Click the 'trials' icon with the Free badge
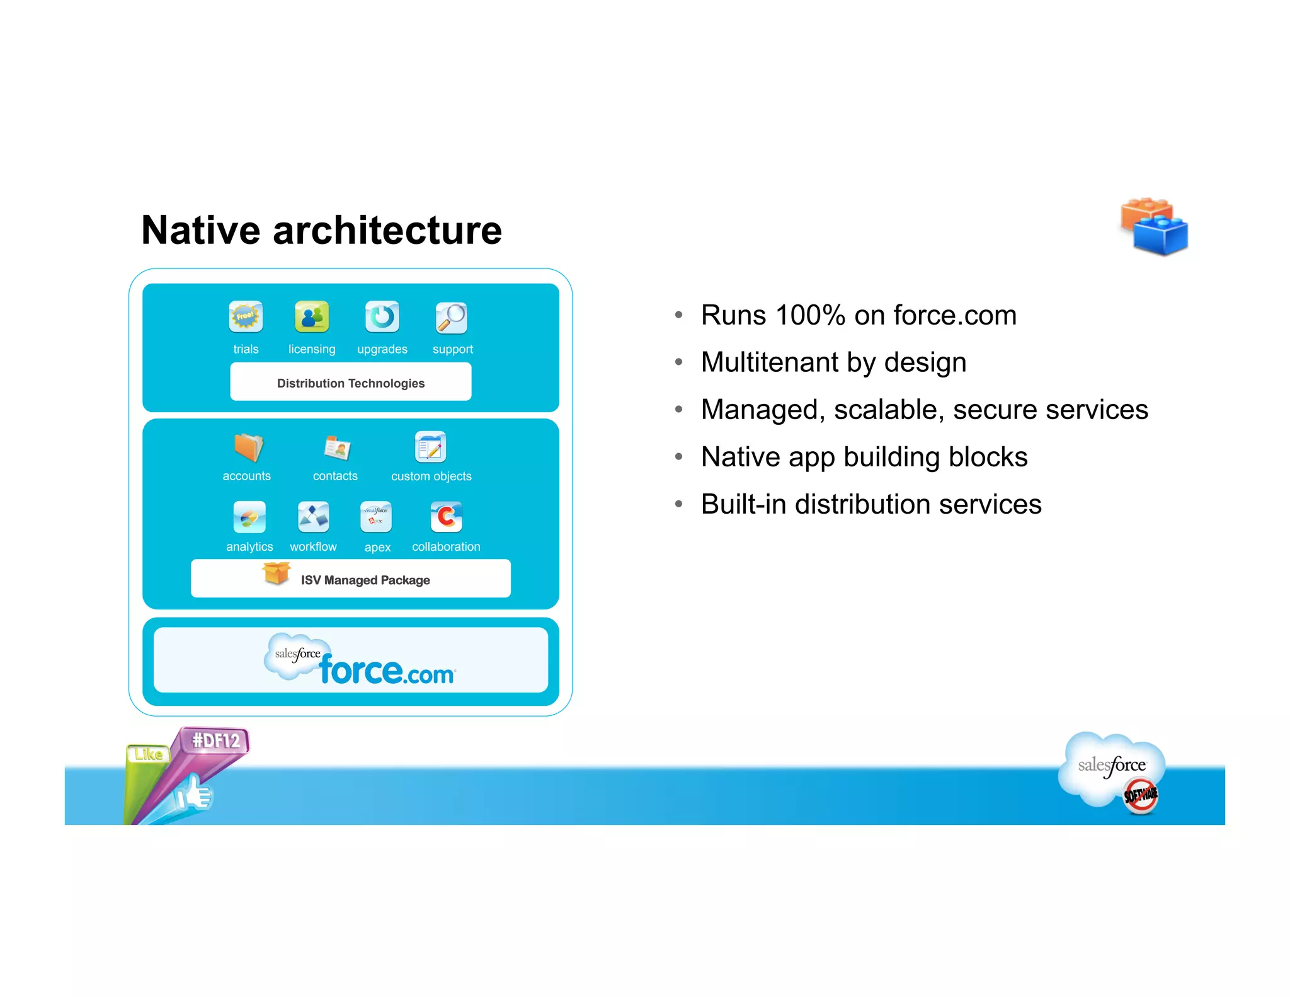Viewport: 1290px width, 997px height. point(246,316)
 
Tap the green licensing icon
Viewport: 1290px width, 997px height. point(312,316)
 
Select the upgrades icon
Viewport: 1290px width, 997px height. point(382,316)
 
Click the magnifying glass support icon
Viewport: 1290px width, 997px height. point(452,318)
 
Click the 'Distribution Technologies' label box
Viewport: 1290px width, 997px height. point(351,383)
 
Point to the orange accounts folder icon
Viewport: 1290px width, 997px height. point(248,447)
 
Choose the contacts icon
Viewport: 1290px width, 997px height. point(338,448)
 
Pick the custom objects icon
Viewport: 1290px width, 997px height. point(431,447)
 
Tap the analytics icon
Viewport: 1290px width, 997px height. point(249,517)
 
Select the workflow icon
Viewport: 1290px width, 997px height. point(313,517)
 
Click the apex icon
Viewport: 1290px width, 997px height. point(376,517)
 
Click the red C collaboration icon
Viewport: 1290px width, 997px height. point(447,517)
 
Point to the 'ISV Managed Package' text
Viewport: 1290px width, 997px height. point(365,580)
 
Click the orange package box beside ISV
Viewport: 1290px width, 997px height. point(277,572)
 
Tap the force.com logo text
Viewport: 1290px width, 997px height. point(386,671)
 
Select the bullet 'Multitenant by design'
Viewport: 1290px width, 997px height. point(833,362)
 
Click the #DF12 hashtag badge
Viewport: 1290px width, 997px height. point(215,741)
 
